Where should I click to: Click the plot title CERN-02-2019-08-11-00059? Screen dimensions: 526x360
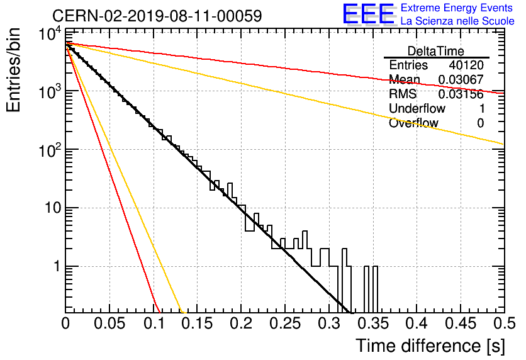click(157, 16)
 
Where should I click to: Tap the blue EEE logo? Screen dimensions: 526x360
click(369, 14)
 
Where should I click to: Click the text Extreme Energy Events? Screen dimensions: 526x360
click(457, 8)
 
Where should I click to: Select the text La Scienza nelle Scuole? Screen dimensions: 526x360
click(457, 21)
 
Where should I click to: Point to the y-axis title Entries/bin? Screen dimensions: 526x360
click(13, 70)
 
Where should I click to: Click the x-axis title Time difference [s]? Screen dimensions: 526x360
click(430, 346)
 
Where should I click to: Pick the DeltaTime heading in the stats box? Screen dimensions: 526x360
click(436, 51)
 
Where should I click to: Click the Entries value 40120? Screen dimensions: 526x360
click(466, 65)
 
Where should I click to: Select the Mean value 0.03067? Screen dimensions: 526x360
click(461, 79)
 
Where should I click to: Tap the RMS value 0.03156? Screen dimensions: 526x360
click(461, 94)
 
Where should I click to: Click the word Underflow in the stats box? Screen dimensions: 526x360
click(417, 108)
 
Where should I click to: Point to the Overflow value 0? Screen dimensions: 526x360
click(480, 123)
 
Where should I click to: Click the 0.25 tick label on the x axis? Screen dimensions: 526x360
click(285, 323)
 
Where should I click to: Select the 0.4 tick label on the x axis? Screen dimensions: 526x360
click(417, 323)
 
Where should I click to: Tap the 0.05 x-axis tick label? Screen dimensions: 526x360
click(109, 323)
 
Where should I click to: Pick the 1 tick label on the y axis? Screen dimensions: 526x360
click(57, 267)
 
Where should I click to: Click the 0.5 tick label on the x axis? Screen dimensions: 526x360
click(504, 323)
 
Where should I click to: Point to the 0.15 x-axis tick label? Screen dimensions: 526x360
click(197, 323)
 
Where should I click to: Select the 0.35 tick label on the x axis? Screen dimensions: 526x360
click(373, 323)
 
